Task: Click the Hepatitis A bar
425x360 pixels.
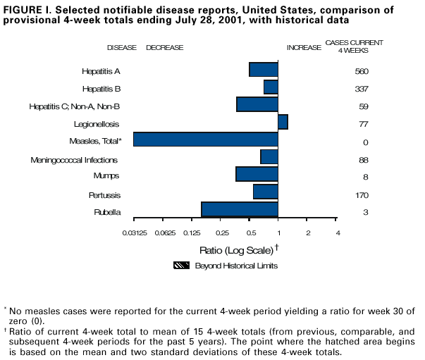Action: [264, 70]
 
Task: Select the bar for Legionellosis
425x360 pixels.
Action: [283, 122]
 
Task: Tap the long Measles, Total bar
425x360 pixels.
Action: [205, 139]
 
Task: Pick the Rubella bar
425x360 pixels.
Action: [240, 209]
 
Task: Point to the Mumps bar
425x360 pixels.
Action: [257, 174]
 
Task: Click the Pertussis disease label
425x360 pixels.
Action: [104, 195]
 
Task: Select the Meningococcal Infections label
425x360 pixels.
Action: [74, 160]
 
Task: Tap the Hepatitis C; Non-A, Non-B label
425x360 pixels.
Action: [74, 106]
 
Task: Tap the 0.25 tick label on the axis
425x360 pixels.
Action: [221, 232]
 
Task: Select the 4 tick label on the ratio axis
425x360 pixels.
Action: [337, 232]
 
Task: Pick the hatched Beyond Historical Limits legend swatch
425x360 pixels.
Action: [183, 266]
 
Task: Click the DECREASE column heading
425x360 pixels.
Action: [164, 47]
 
